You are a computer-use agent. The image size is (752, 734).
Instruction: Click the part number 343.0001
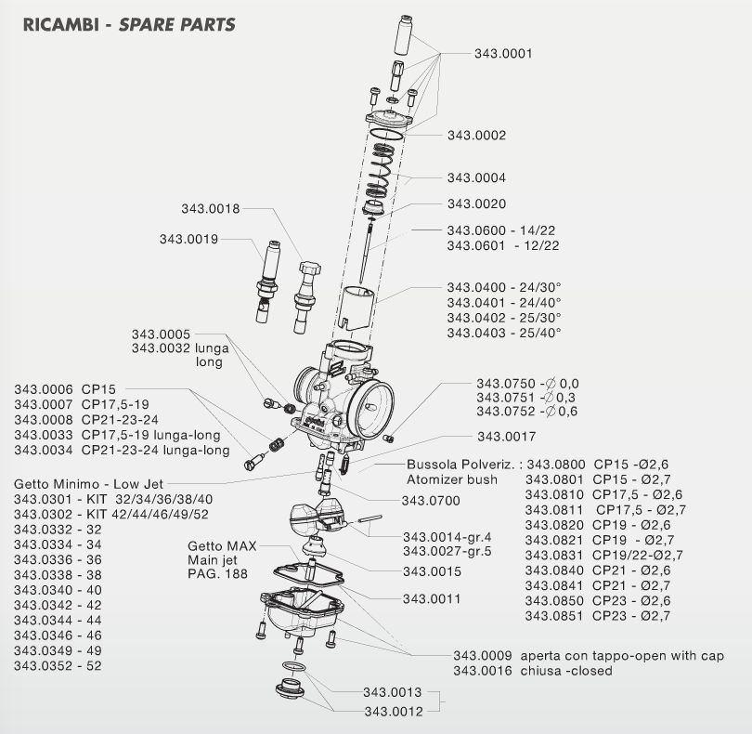pos(503,53)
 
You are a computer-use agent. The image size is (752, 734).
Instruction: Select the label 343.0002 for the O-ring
pos(476,136)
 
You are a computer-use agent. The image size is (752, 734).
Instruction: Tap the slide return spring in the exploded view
pos(382,170)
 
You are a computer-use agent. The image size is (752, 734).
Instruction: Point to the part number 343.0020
pos(476,204)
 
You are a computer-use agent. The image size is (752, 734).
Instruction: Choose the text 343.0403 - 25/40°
pos(504,333)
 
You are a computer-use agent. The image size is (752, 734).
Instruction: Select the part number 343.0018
pos(210,209)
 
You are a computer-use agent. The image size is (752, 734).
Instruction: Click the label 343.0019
pos(188,239)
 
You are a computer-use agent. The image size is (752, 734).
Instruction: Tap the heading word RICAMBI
pos(61,25)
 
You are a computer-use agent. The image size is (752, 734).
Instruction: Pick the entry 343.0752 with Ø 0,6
pos(527,412)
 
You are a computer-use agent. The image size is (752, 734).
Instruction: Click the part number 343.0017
pos(506,437)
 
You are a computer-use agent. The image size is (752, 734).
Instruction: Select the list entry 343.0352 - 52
pos(58,666)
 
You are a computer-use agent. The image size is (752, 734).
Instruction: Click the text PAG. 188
pos(217,573)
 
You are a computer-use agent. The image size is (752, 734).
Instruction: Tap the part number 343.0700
pos(431,501)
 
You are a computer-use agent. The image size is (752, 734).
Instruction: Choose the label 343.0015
pos(432,571)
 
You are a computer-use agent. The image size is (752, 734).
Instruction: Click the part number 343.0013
pos(392,692)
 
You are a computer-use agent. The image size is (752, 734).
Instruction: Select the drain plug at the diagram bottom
pos(290,688)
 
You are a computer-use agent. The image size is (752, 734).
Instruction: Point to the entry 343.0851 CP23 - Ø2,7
pos(598,616)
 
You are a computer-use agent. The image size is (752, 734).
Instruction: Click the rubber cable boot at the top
pos(404,35)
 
